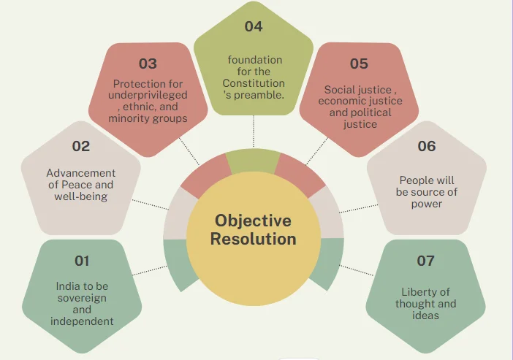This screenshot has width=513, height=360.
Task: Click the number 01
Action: click(x=82, y=261)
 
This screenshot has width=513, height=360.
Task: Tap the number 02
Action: click(x=81, y=146)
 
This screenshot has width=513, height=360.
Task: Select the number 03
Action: click(x=148, y=64)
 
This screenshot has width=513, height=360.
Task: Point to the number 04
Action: click(x=254, y=26)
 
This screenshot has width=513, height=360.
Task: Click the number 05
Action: click(x=359, y=64)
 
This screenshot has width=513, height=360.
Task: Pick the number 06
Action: click(x=427, y=146)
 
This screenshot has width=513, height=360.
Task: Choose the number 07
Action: click(x=425, y=261)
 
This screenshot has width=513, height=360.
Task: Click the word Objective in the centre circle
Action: click(x=253, y=221)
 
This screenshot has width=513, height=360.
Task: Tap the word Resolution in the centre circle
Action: click(x=254, y=239)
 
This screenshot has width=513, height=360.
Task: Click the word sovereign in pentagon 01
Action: click(x=82, y=298)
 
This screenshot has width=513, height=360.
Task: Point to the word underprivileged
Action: click(x=148, y=95)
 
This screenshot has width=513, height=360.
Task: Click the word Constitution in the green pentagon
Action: click(x=254, y=83)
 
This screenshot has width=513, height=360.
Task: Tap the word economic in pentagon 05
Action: click(x=338, y=101)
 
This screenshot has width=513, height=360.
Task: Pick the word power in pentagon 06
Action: click(x=427, y=204)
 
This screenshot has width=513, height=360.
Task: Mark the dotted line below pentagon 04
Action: click(x=254, y=131)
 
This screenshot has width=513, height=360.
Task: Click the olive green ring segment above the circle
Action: click(x=253, y=161)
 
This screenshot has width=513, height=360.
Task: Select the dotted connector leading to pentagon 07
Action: click(x=357, y=270)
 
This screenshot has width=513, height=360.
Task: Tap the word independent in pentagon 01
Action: click(x=82, y=321)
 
